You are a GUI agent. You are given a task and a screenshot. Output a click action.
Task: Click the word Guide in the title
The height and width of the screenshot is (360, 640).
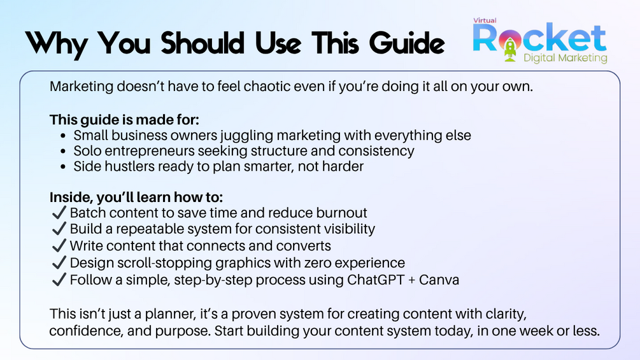[406, 43]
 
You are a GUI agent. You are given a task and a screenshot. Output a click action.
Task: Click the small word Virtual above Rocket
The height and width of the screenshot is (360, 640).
[485, 20]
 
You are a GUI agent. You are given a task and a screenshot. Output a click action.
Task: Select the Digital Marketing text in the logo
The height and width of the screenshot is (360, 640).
[565, 58]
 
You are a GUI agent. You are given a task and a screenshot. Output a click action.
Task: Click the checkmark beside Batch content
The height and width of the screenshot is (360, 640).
[59, 213]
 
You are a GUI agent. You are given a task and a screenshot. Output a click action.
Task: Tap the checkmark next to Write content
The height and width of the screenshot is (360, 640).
[59, 246]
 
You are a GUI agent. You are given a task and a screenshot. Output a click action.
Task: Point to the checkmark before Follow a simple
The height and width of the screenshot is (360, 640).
[59, 280]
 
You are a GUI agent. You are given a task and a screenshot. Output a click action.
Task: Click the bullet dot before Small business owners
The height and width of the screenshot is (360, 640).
[63, 136]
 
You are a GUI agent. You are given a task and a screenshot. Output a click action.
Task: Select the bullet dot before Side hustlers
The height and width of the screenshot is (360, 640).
[63, 167]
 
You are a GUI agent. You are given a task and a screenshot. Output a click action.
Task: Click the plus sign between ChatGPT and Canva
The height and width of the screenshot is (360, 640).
[411, 280]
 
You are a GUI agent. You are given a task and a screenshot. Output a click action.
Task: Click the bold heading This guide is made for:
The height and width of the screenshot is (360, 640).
[124, 120]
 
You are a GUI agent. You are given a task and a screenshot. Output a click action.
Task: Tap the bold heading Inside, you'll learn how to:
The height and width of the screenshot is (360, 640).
[136, 197]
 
